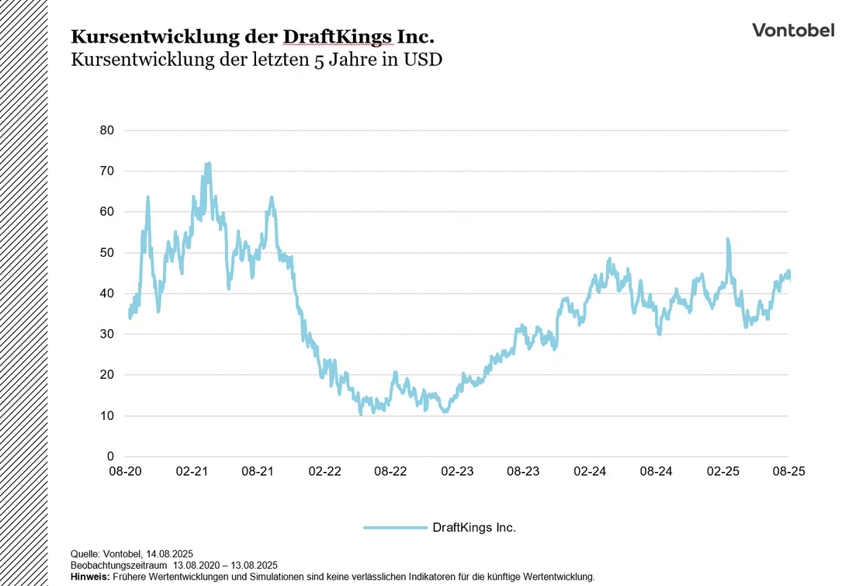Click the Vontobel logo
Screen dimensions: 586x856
click(793, 30)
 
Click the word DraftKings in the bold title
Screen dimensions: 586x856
click(338, 36)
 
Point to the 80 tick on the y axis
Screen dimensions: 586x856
click(106, 130)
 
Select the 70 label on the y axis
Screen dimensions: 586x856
click(106, 171)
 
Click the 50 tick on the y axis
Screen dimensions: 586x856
click(106, 252)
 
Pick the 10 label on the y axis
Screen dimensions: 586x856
click(106, 415)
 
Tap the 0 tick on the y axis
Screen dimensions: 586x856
click(109, 456)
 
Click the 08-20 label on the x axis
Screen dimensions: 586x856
click(125, 472)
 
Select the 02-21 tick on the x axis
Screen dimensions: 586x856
click(192, 472)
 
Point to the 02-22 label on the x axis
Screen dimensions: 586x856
click(324, 472)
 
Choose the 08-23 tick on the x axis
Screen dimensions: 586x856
click(523, 472)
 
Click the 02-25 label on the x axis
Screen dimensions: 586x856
click(723, 472)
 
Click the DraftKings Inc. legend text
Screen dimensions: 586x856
click(473, 528)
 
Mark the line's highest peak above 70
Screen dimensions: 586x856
click(208, 164)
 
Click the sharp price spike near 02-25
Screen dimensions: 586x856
click(728, 240)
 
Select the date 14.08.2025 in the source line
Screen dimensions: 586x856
click(168, 554)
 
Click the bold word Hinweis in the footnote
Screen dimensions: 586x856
click(89, 577)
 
